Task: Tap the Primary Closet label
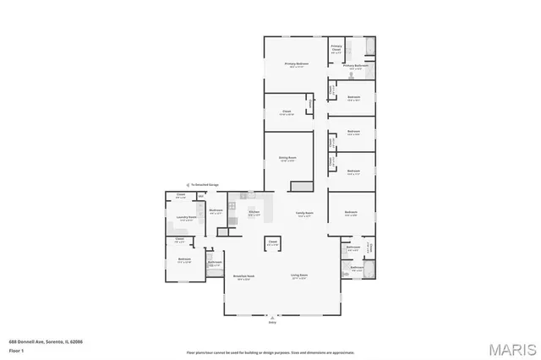(x=336, y=47)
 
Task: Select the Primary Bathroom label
(x=354, y=65)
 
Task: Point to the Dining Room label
(x=287, y=158)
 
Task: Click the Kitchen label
(x=253, y=212)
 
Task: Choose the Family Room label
(x=303, y=213)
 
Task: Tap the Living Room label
(x=299, y=275)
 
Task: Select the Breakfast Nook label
(x=244, y=275)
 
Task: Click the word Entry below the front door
(x=272, y=322)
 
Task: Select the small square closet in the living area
(x=273, y=243)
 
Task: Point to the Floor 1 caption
(x=16, y=349)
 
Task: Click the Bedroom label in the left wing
(x=184, y=260)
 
